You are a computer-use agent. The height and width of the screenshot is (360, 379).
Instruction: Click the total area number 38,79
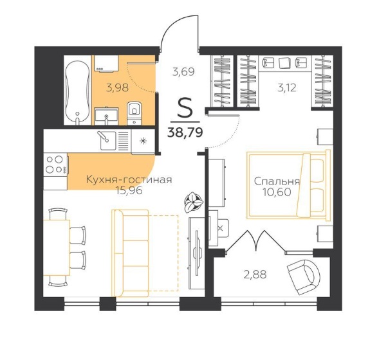[x=185, y=132]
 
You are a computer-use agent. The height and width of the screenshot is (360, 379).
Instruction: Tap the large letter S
[x=185, y=107]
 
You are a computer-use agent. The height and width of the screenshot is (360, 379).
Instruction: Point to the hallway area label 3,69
[x=183, y=72]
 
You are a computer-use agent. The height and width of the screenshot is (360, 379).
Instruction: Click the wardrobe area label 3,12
[x=287, y=88]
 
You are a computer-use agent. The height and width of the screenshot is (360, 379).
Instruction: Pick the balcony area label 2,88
[x=255, y=274]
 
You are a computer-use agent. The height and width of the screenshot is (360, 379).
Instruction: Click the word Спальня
[x=277, y=181]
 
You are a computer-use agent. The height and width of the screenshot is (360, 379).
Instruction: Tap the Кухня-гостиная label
[x=129, y=179]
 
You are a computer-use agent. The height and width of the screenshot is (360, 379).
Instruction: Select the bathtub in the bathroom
[x=77, y=93]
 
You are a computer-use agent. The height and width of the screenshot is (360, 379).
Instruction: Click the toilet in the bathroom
[x=134, y=113]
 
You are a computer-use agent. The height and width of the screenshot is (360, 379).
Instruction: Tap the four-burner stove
[x=56, y=165]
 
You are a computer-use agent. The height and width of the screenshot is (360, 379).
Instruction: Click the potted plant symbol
[x=193, y=202]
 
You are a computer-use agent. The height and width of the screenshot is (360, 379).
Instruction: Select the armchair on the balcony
[x=304, y=277]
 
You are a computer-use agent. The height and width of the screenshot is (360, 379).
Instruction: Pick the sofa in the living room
[x=131, y=253]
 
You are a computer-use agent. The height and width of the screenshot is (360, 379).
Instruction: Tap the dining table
[x=57, y=248]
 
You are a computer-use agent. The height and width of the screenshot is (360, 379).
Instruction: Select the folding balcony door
[x=256, y=242]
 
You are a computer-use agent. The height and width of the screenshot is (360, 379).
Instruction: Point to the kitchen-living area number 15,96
[x=129, y=191]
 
